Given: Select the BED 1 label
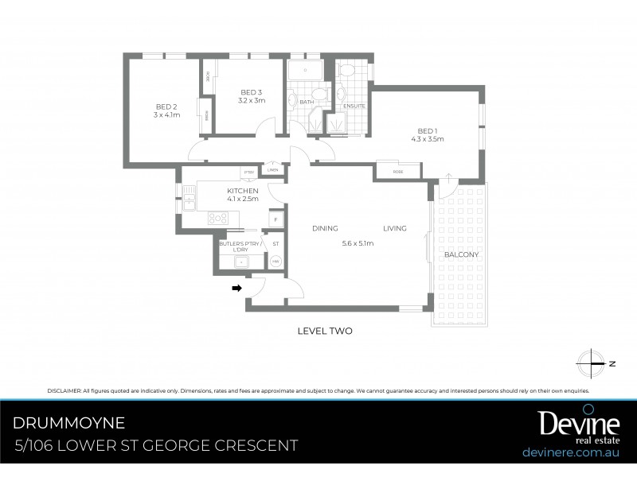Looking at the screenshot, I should coord(427,130).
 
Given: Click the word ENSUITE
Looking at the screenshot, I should coord(354,106).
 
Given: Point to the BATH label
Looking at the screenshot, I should coord(307,102).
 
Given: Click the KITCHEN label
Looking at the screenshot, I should coord(243,192).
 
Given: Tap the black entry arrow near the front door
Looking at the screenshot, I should coord(236,289).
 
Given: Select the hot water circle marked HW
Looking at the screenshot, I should coord(276,261).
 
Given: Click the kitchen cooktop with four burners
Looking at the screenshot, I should coord(217,217).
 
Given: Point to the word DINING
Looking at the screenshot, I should coord(325,228).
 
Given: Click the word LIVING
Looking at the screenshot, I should coord(394,228).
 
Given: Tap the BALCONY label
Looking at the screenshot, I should coord(461,254).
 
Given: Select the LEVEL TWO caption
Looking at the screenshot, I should coord(324,331).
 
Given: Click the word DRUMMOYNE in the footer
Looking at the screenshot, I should coord(69,421).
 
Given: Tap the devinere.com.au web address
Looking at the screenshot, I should coord(571,452).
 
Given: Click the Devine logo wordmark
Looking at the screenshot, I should coord(568,423).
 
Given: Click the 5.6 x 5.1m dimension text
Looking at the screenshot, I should coord(358,243).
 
